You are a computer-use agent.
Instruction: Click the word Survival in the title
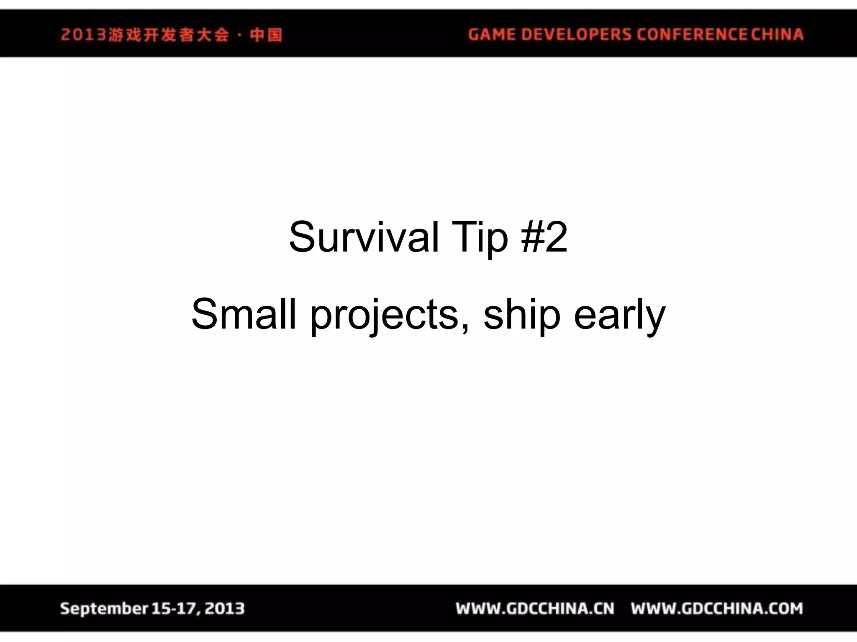[364, 237]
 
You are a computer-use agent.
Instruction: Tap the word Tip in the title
[480, 237]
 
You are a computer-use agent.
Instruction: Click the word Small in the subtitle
[244, 314]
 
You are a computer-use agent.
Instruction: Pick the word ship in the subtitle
[521, 316]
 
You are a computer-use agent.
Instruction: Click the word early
[619, 316]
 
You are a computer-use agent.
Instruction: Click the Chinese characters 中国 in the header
[266, 35]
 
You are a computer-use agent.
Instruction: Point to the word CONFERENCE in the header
[692, 34]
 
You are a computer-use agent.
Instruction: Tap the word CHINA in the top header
[777, 34]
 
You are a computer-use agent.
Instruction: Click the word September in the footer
[103, 609]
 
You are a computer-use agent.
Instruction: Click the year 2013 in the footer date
[224, 609]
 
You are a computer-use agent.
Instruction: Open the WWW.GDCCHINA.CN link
[535, 609]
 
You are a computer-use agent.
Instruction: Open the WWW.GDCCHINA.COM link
[717, 609]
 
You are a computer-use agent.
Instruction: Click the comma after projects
[466, 329]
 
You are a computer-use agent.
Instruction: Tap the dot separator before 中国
[239, 35]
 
